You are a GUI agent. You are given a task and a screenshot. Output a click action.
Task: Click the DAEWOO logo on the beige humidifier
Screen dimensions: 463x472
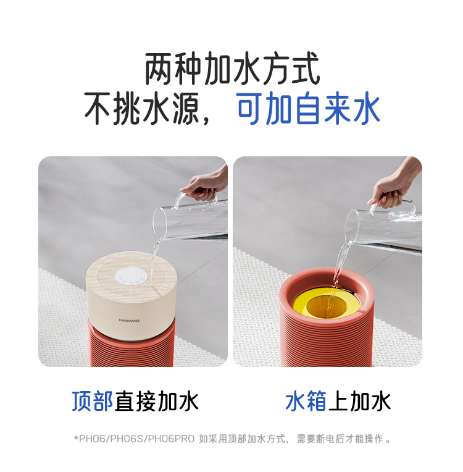point(129,320)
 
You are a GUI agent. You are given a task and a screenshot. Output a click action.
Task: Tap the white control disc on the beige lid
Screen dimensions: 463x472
point(131,277)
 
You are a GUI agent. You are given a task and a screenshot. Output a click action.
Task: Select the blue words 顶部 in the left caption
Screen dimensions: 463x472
point(93,401)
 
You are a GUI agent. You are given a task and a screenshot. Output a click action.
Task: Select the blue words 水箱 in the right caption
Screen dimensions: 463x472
point(306,401)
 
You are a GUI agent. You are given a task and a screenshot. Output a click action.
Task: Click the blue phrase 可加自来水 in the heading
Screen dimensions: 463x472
point(308,108)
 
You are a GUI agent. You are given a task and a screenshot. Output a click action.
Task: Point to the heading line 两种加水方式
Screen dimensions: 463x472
point(232,69)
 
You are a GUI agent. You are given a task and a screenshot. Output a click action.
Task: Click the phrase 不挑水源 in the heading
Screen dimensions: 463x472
point(142,108)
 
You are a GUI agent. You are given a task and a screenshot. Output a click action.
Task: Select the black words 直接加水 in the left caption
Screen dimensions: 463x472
point(156,401)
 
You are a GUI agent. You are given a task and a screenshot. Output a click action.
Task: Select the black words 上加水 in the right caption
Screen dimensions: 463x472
point(359,401)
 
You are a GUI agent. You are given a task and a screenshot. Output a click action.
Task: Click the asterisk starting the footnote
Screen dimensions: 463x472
point(76,437)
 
